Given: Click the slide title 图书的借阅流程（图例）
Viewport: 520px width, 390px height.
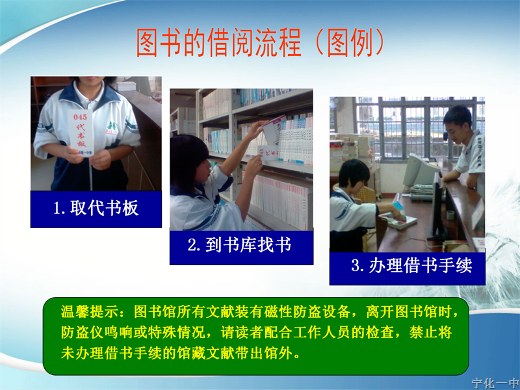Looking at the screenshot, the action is coord(261,42).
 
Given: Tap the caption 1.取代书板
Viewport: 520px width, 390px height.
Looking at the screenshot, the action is coord(96,208).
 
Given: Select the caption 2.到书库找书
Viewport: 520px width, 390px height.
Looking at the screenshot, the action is coord(239,245).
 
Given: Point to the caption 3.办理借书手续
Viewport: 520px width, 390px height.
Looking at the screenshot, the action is coord(411,265).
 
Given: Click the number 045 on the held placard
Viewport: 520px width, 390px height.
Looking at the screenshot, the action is coord(80,117).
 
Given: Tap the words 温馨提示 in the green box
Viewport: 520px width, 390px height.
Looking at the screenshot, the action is coord(90,312).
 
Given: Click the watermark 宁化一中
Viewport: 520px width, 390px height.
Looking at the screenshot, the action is coord(495,383).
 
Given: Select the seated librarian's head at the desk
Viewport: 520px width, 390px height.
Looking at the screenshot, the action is coord(354,175).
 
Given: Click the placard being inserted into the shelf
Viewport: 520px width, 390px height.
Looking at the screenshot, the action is coord(268,153).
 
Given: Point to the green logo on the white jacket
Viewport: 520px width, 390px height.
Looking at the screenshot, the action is coord(112,127).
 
